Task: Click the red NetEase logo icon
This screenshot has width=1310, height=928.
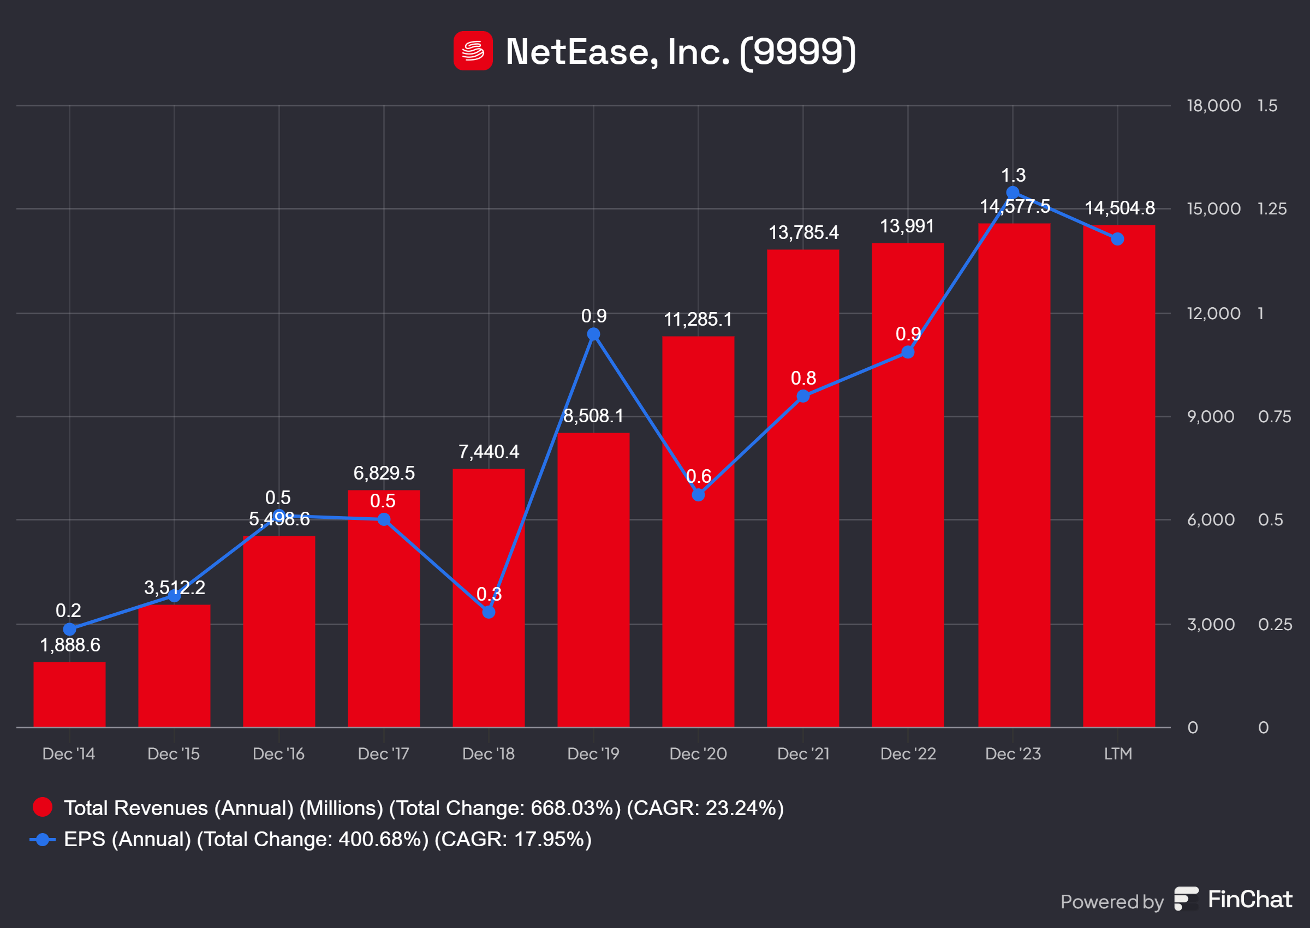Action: pos(473,51)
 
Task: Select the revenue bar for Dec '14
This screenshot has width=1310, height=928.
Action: pos(69,694)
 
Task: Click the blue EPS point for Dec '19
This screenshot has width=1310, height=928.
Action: pos(593,334)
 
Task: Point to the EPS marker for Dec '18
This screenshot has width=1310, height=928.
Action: pos(488,612)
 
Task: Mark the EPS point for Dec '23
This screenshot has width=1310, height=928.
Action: pos(1012,192)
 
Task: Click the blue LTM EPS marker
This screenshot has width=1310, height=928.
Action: pos(1117,239)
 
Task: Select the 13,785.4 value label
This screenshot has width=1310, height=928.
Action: pos(803,232)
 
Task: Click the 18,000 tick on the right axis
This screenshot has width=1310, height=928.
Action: pos(1213,106)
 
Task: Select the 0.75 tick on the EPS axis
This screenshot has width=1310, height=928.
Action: pos(1274,417)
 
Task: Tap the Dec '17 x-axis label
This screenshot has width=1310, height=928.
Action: pos(383,754)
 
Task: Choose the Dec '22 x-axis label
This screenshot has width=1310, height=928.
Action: pos(908,754)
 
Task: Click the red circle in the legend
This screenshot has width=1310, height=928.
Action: pos(43,807)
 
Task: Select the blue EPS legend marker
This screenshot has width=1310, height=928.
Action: pos(42,840)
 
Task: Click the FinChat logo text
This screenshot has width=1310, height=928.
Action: pos(1249,900)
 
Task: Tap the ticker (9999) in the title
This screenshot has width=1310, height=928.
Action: pos(797,51)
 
